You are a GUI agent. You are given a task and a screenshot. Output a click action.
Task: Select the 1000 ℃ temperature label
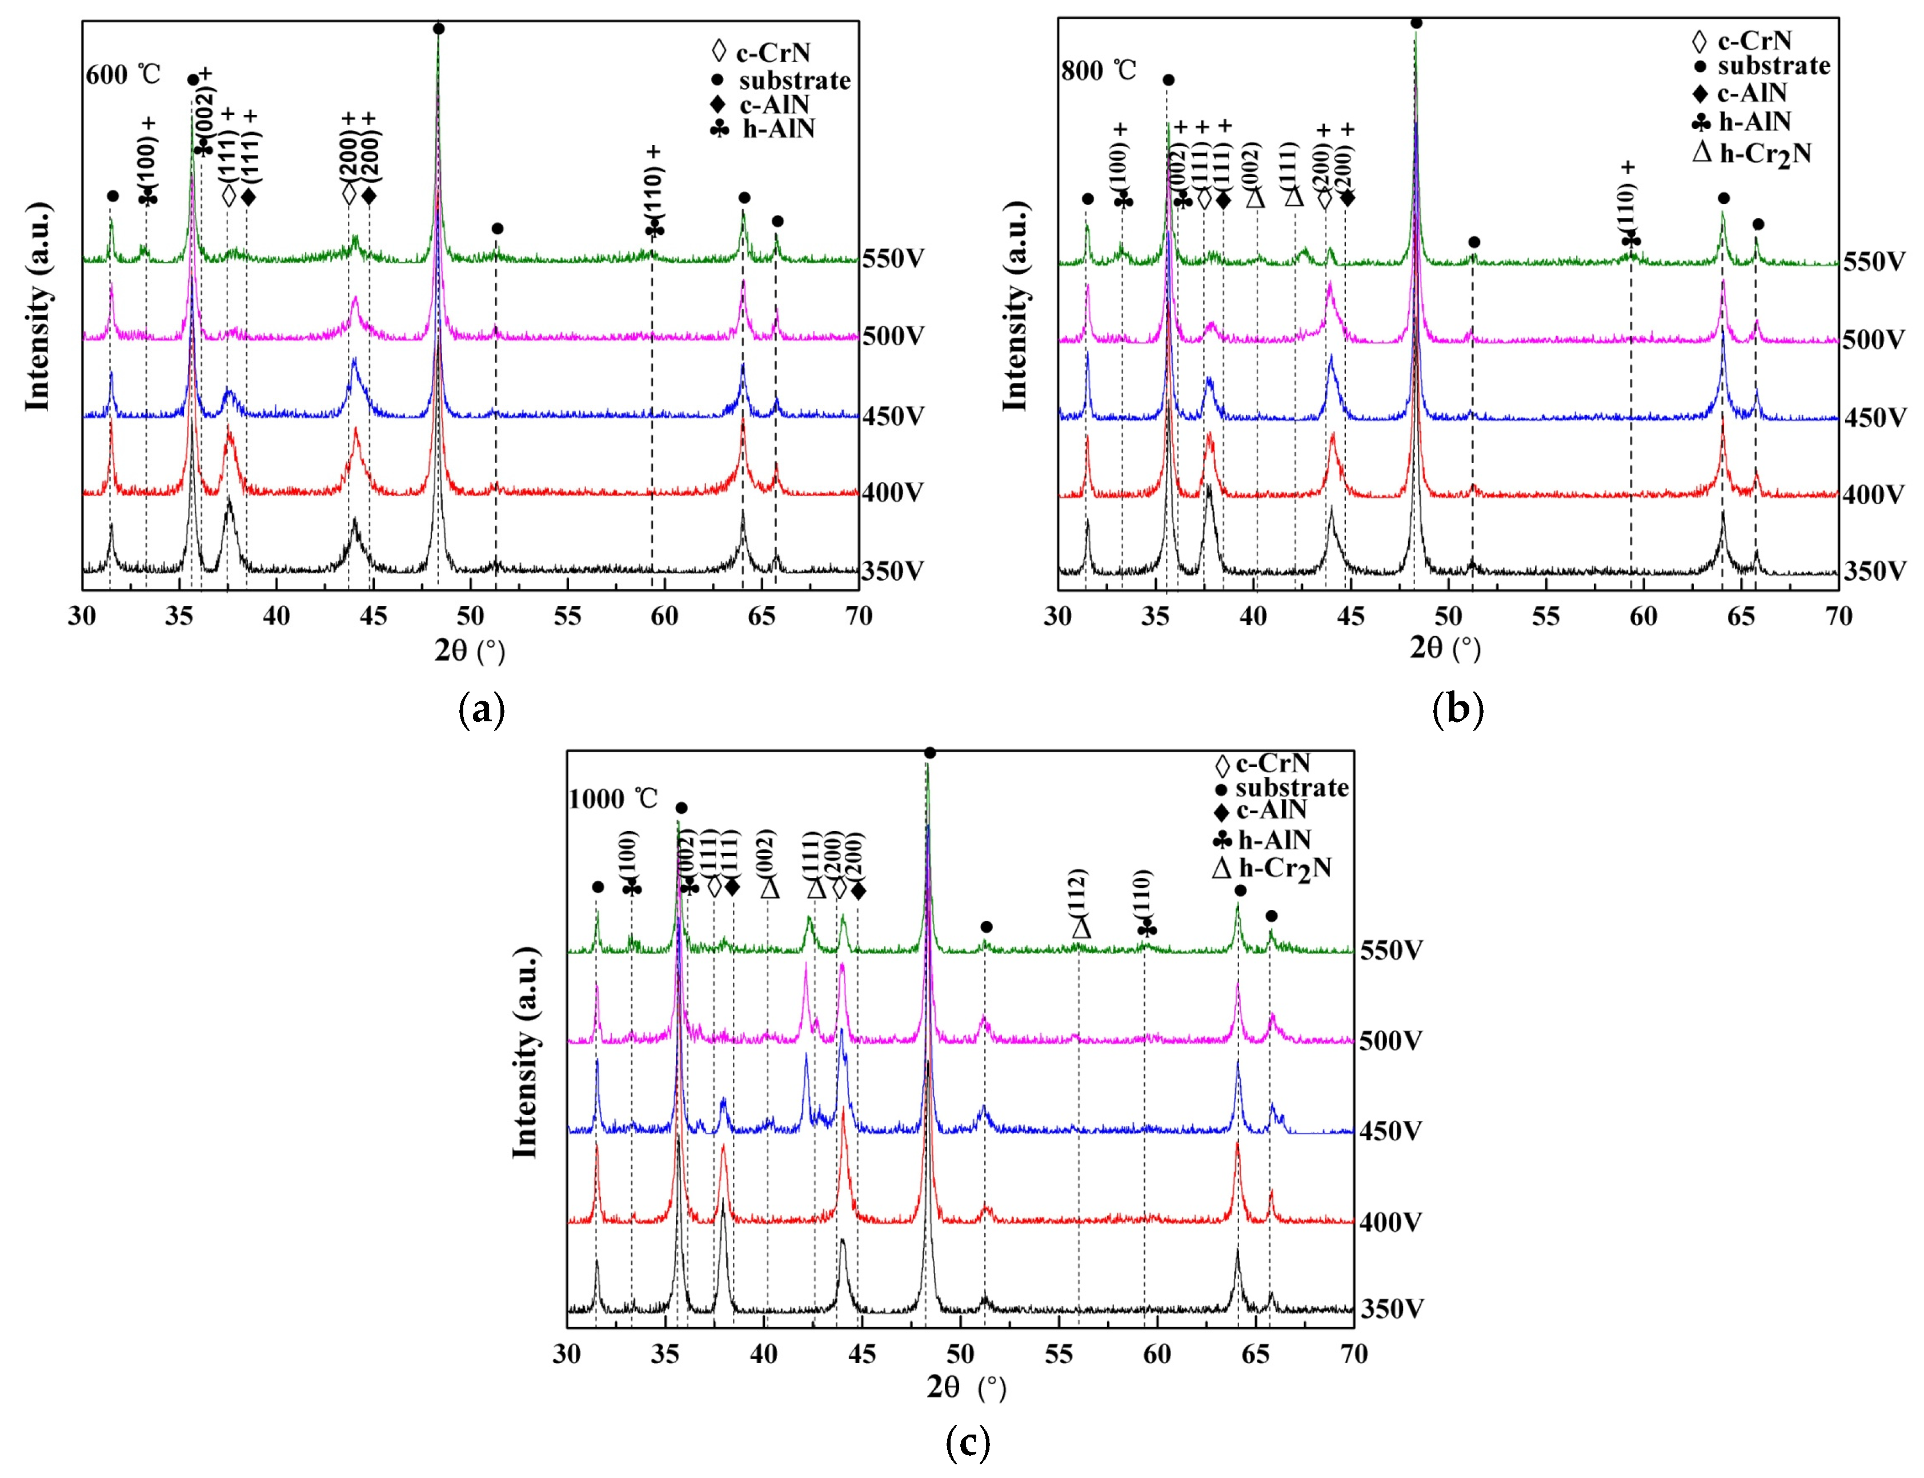[x=613, y=799]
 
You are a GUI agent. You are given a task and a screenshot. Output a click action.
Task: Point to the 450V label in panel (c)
[x=1390, y=1131]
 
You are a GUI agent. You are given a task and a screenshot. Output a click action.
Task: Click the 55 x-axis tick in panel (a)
[x=567, y=616]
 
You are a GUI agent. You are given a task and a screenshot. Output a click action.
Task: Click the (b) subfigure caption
[x=1457, y=708]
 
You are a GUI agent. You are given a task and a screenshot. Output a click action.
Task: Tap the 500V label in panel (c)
[x=1390, y=1041]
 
